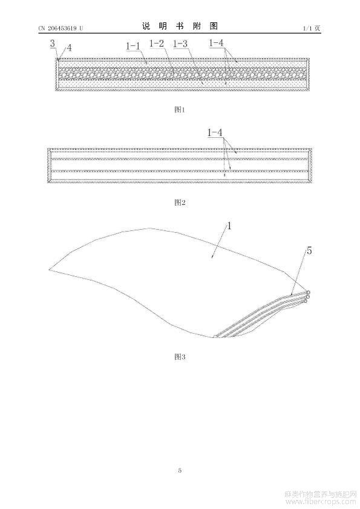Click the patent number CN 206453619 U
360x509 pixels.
61,28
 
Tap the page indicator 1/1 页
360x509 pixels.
312,28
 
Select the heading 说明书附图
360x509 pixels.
180,26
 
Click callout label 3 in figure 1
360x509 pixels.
53,44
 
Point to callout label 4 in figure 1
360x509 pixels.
69,48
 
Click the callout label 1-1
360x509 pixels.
133,46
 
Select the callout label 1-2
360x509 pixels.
157,43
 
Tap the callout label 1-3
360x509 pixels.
180,44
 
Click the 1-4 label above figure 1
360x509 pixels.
216,42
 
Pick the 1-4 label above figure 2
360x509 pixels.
215,132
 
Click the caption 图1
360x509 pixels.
180,109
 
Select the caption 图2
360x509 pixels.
180,203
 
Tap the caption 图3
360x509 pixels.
180,357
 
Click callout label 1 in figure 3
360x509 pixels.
229,225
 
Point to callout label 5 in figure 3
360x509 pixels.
309,251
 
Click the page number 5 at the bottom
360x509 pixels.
180,470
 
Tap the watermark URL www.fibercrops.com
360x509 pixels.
320,502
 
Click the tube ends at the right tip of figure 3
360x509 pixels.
306,297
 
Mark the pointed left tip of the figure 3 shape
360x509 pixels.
50,270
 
